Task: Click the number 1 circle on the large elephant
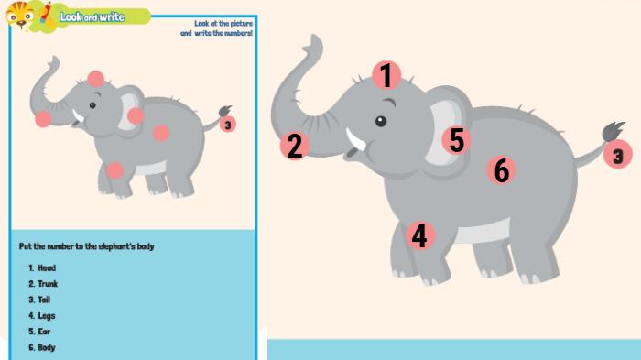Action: point(386,75)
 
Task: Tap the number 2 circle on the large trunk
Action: point(294,146)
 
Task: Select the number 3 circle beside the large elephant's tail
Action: point(618,154)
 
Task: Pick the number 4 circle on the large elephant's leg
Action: point(420,235)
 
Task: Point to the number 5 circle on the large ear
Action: point(456,140)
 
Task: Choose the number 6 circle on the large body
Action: point(501,169)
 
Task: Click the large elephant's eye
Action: point(381,121)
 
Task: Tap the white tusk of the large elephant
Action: point(355,139)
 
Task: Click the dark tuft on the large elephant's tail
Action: point(613,131)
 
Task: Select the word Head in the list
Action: point(47,268)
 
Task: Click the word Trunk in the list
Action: point(48,284)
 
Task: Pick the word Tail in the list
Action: point(44,300)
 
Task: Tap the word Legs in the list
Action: point(47,316)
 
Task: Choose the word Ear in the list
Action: point(44,332)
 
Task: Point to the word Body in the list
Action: point(47,348)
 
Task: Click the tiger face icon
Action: point(20,16)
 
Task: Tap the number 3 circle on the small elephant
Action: point(228,125)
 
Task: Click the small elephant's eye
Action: point(92,105)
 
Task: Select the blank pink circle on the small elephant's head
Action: point(95,79)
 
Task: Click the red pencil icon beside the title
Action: point(47,16)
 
